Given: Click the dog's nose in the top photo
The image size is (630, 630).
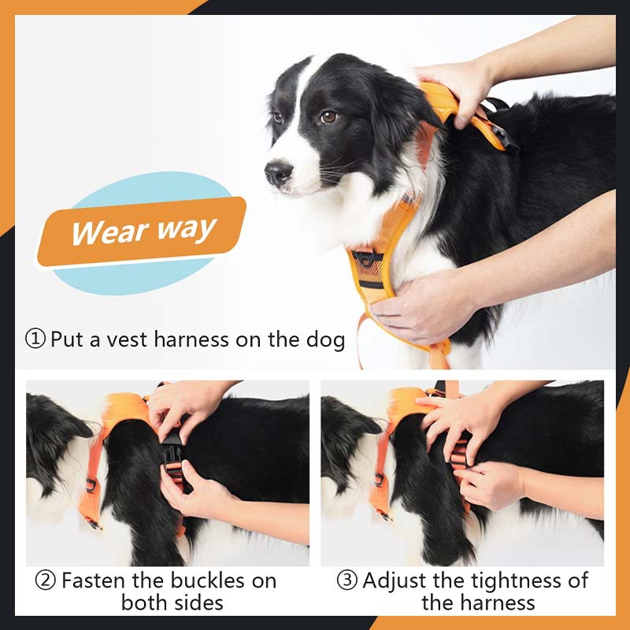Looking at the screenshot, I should pyautogui.click(x=277, y=172).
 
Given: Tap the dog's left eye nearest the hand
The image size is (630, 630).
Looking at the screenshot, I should pyautogui.click(x=328, y=117).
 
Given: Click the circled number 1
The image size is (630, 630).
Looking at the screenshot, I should pyautogui.click(x=35, y=339).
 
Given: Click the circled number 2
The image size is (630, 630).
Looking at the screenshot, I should pyautogui.click(x=46, y=581).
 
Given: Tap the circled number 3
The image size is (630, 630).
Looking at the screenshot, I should pyautogui.click(x=346, y=581).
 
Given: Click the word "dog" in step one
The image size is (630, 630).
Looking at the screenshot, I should pyautogui.click(x=324, y=339).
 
